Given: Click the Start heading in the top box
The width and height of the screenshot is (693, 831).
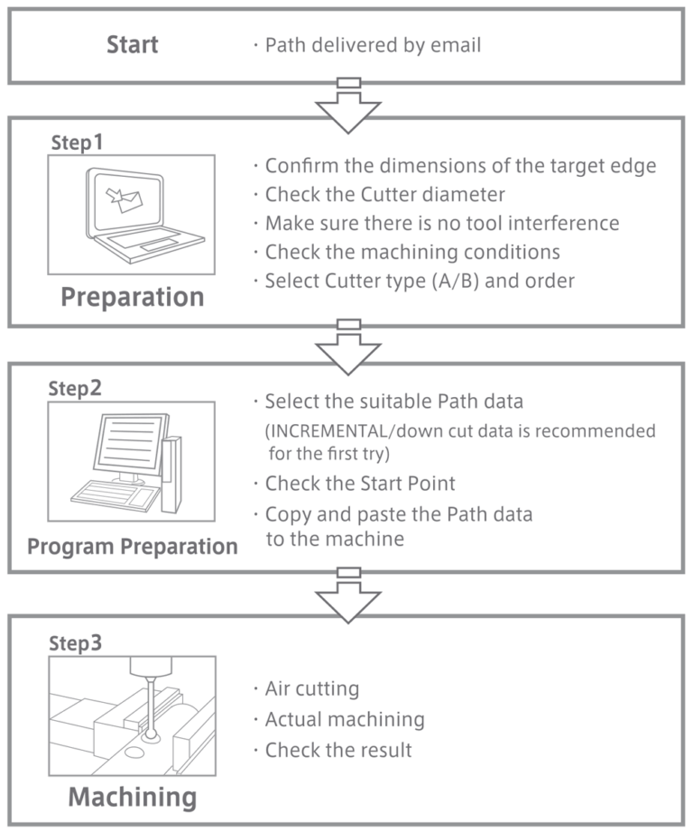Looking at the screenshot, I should [x=132, y=44].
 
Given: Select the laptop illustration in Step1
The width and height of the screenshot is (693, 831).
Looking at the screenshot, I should [x=131, y=214].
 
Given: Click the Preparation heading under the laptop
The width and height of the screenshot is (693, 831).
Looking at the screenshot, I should [x=132, y=297].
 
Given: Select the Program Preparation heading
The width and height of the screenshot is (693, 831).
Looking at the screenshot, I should [x=132, y=546].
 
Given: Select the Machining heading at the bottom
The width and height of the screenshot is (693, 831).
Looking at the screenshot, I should [x=132, y=797].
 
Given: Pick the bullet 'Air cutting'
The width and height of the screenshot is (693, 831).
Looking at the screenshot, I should [x=311, y=688].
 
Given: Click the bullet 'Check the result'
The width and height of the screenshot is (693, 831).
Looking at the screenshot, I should [x=338, y=750].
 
